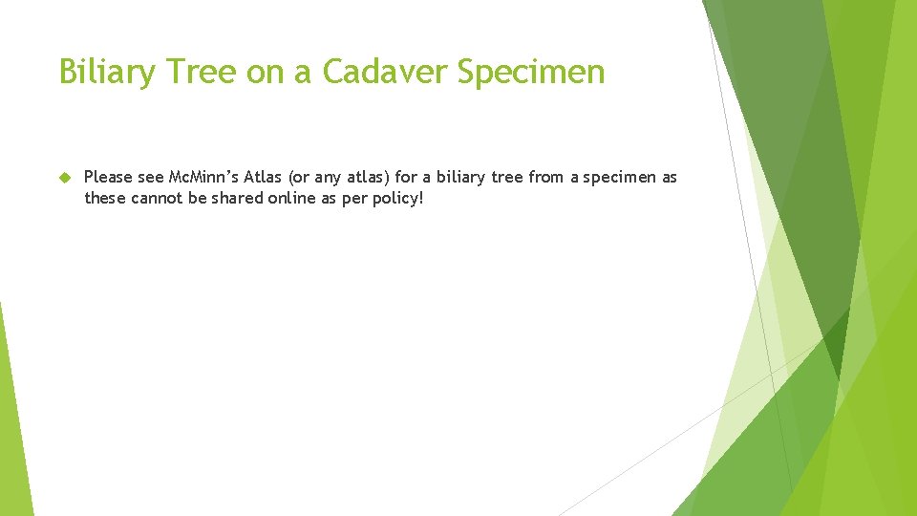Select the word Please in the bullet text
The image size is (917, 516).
pyautogui.click(x=108, y=178)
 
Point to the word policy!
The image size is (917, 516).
pyautogui.click(x=395, y=199)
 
